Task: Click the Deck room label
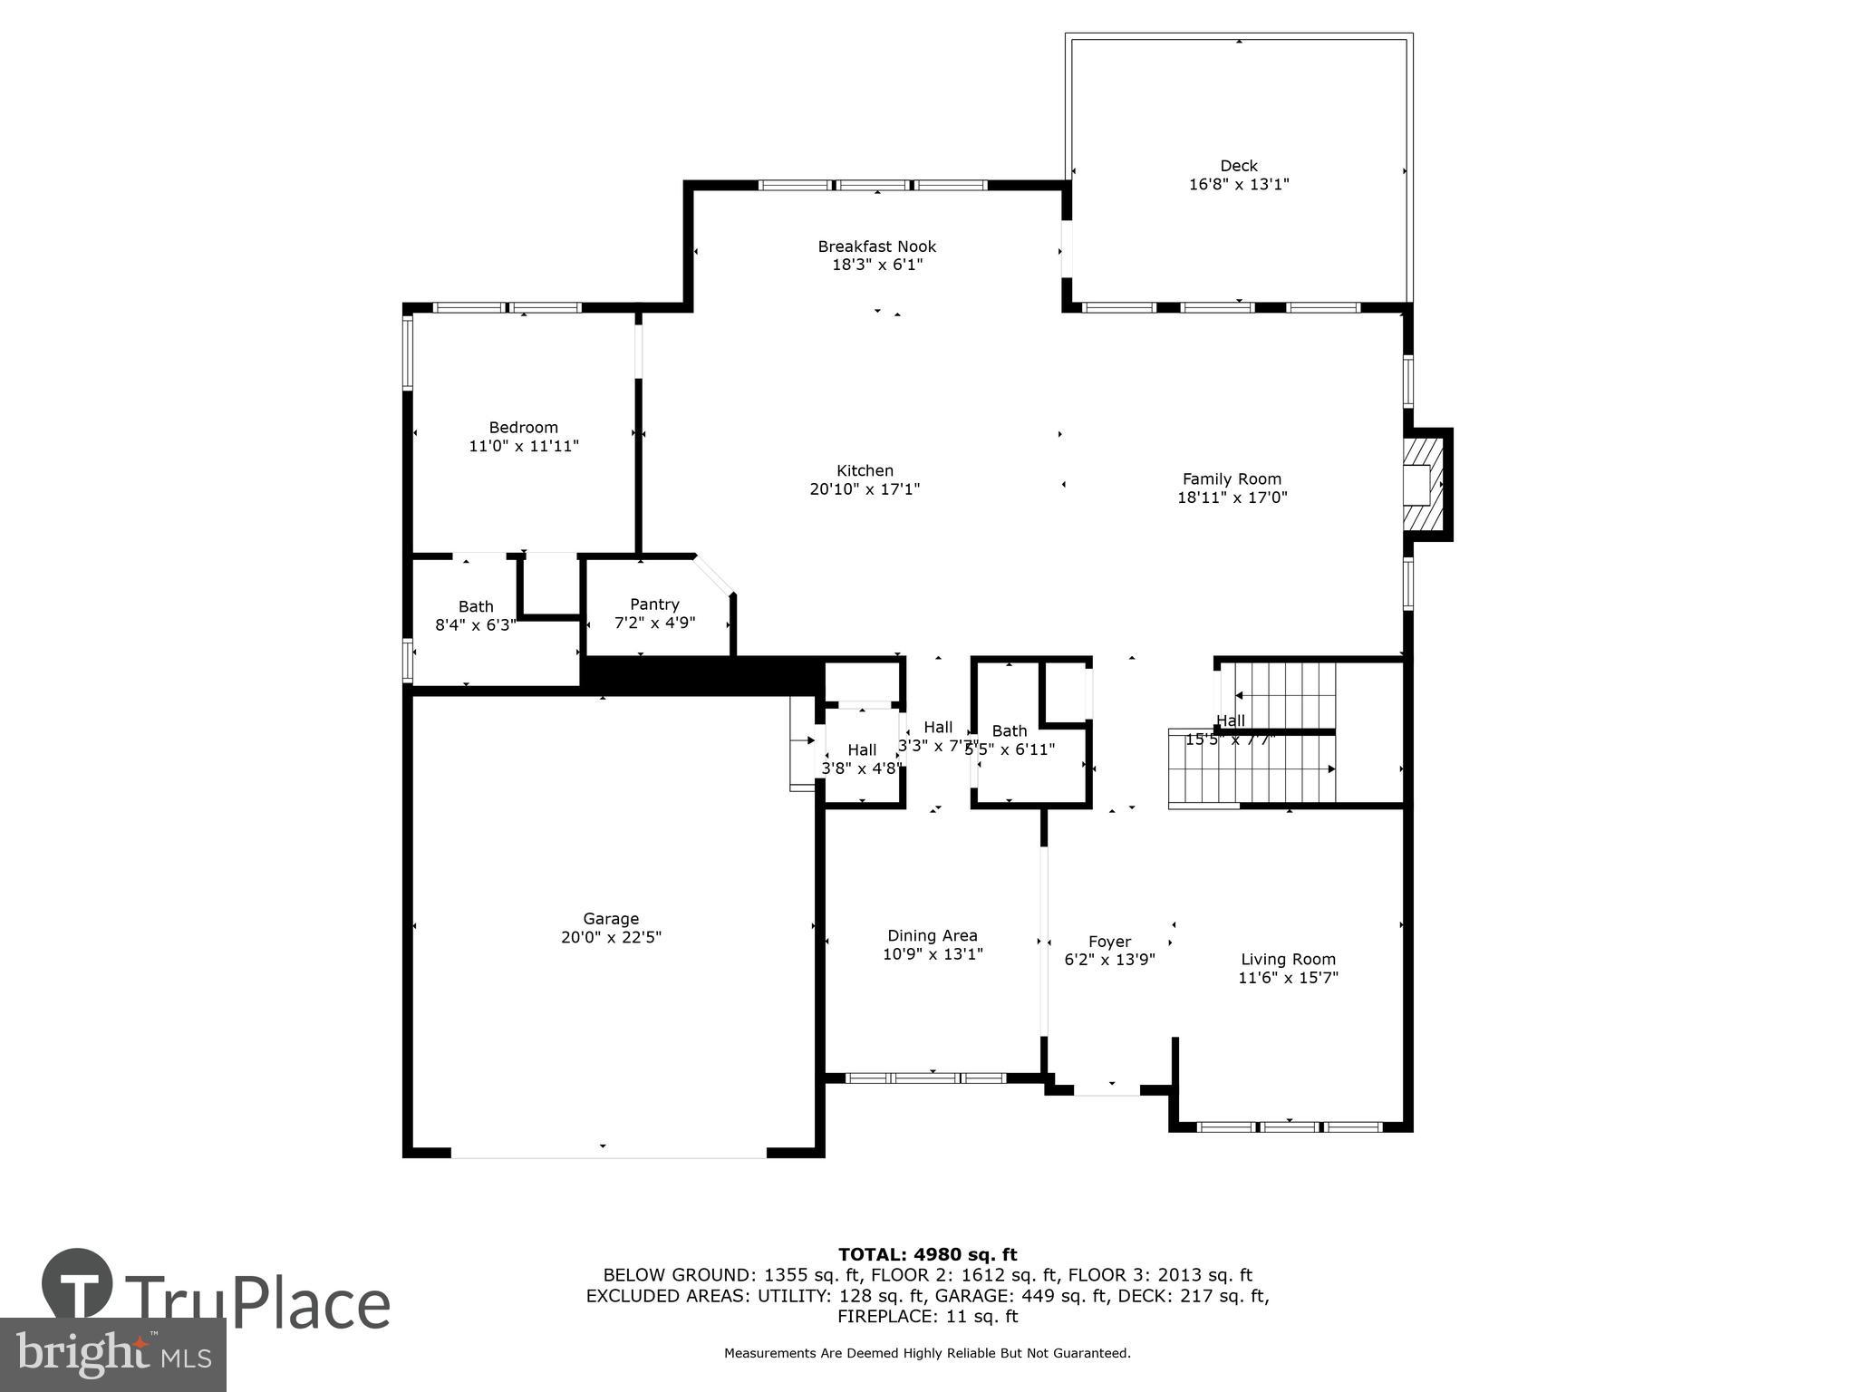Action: pyautogui.click(x=1238, y=166)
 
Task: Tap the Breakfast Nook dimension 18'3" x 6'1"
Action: pyautogui.click(x=876, y=265)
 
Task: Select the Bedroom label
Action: pyautogui.click(x=523, y=428)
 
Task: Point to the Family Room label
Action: pyautogui.click(x=1232, y=479)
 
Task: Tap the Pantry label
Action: pyautogui.click(x=654, y=604)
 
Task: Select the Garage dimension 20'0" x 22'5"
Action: pyautogui.click(x=611, y=937)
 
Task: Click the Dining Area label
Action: pyautogui.click(x=932, y=936)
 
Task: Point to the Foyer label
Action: pyautogui.click(x=1109, y=942)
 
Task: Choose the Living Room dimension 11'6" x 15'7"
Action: pyautogui.click(x=1288, y=978)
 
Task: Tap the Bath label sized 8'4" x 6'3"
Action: pyautogui.click(x=476, y=607)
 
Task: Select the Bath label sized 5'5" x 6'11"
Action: pyautogui.click(x=1009, y=731)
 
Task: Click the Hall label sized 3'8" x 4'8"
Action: pyautogui.click(x=862, y=750)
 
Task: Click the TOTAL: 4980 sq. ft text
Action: pyautogui.click(x=927, y=1254)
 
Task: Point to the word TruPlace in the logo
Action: pyautogui.click(x=257, y=1304)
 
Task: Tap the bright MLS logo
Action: pyautogui.click(x=112, y=1356)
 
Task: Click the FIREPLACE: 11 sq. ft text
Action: pyautogui.click(x=927, y=1316)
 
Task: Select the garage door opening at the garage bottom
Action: pyautogui.click(x=609, y=1156)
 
